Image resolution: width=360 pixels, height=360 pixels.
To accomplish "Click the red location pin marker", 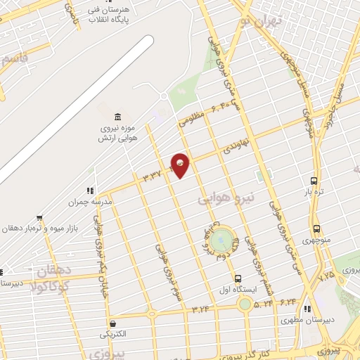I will tap(180, 165).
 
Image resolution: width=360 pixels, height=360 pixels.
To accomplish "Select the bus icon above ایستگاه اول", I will tap(238, 278).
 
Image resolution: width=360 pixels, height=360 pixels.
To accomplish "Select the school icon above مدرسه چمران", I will tap(89, 190).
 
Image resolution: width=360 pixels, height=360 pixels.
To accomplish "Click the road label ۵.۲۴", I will tap(263, 304).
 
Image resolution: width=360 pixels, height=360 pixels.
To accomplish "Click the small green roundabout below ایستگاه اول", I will tap(244, 304).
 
